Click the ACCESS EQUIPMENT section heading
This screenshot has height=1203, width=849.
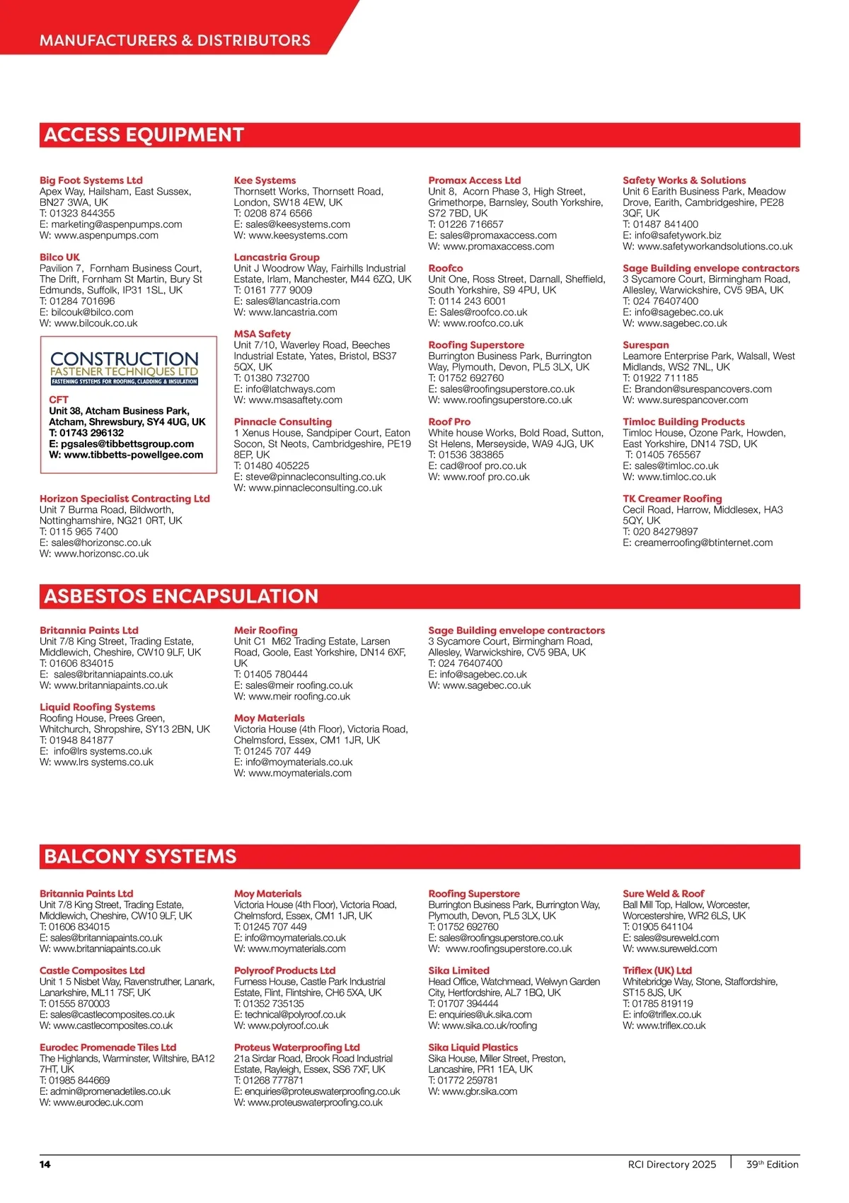tap(144, 135)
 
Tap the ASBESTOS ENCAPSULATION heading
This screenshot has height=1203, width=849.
tap(181, 596)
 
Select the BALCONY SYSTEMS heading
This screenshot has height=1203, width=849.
tap(140, 856)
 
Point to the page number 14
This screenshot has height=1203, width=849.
tap(45, 1164)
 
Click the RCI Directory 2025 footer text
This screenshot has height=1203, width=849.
tap(671, 1164)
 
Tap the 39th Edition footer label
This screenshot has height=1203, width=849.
tap(772, 1164)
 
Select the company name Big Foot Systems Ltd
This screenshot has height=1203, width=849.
tap(91, 180)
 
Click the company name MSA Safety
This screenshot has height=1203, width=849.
tap(262, 334)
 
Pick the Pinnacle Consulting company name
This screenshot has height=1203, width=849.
tap(283, 422)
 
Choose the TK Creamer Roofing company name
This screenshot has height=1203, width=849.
tap(672, 499)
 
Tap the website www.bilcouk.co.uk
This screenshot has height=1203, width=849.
tap(96, 323)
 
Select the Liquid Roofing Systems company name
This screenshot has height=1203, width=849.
tap(97, 707)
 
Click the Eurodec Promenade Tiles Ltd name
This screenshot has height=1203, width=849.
tap(108, 1047)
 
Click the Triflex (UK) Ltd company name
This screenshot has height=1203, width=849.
tap(657, 970)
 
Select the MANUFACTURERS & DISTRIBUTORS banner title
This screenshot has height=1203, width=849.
tap(175, 40)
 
